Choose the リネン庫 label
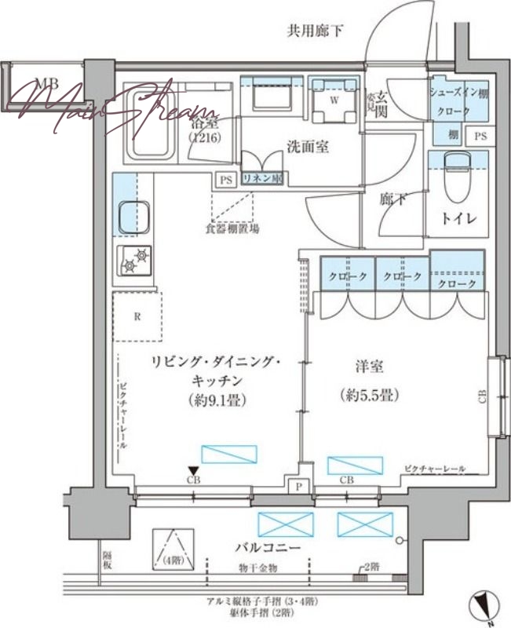pos(261,179)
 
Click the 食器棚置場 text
pos(228,228)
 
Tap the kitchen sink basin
pos(134,217)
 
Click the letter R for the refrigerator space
pos(137,317)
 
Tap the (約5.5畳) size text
pos(368,395)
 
